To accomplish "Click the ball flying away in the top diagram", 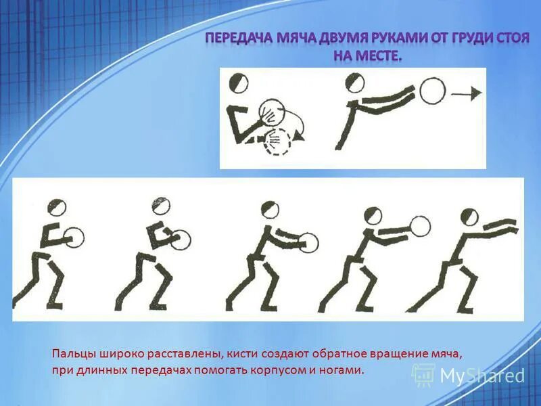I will [x=432, y=90].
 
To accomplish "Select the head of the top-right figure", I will [x=354, y=83].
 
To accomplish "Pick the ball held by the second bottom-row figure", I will [x=181, y=239].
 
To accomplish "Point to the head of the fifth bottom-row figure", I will [x=469, y=217].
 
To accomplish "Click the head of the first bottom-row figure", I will [x=57, y=208].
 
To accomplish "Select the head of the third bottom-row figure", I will [x=270, y=209].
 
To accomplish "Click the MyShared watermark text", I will [x=482, y=376].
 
